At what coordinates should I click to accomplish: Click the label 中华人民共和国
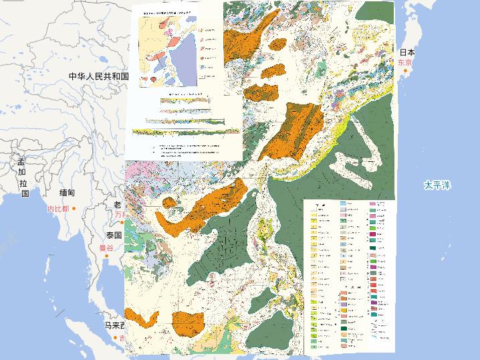98,76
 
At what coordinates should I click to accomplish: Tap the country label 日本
407,52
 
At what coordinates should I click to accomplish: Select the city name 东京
404,62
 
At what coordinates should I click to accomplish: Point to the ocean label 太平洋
437,185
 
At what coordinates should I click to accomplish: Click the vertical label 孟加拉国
22,177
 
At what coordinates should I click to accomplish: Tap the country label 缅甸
67,193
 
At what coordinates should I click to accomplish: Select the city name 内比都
58,209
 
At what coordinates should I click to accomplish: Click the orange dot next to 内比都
74,209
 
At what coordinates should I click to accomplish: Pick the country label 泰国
112,236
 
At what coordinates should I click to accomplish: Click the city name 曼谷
106,248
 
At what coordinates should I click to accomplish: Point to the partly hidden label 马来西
114,326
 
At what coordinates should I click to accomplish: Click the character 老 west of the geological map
118,205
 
